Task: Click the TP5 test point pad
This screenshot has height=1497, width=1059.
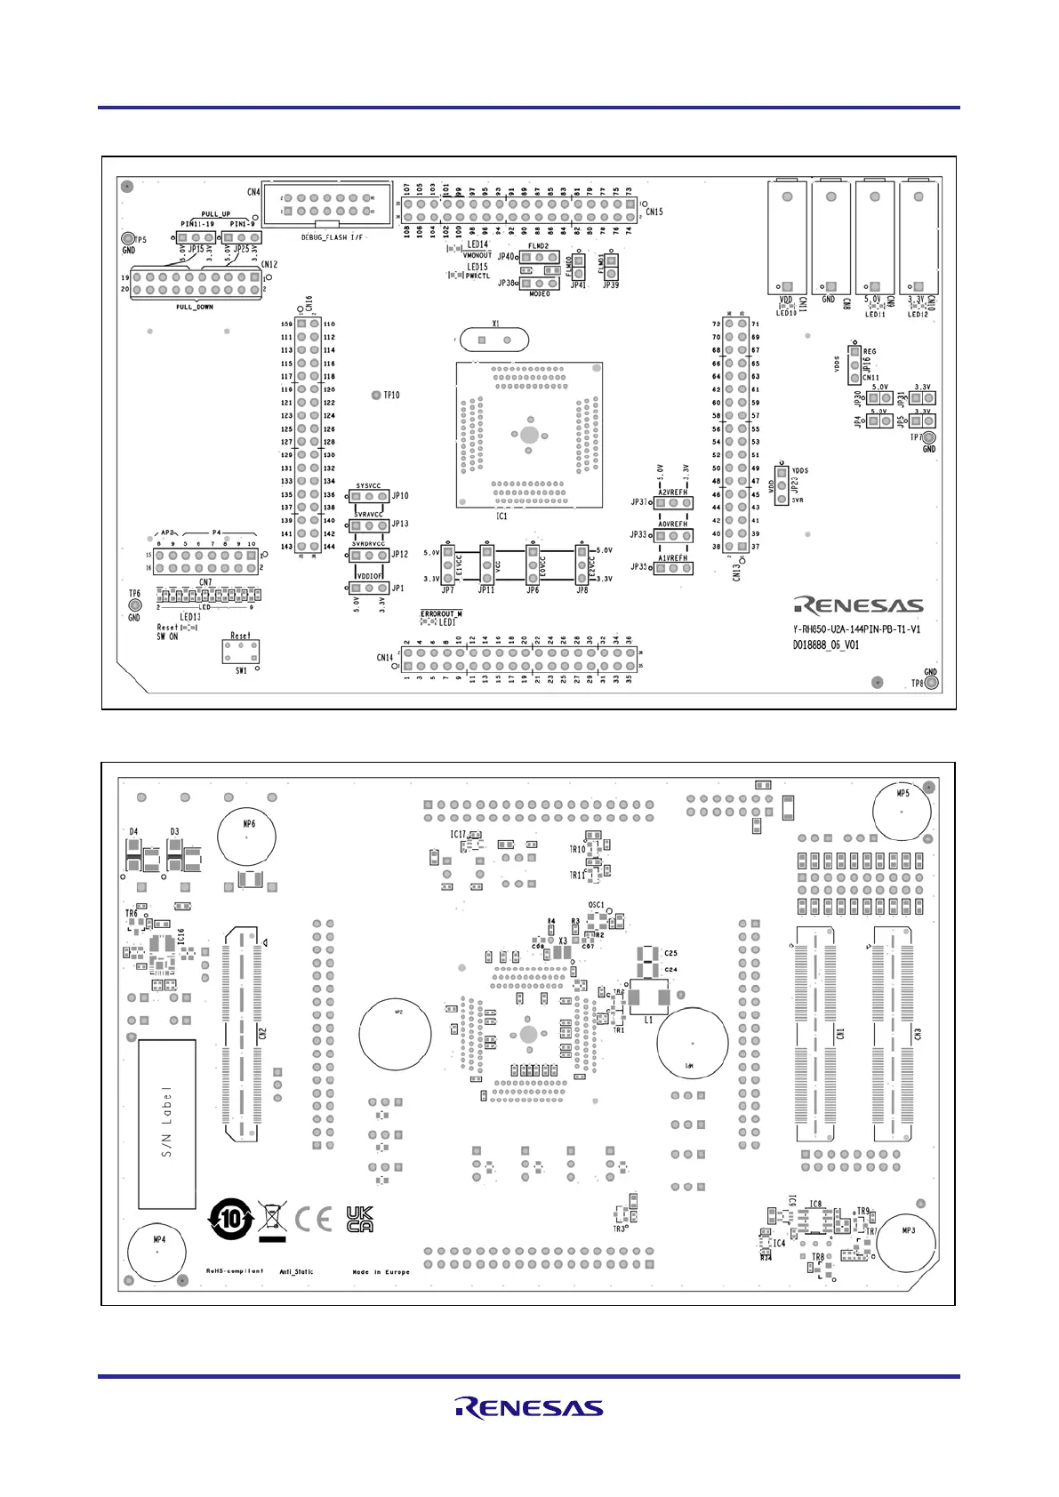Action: click(x=128, y=239)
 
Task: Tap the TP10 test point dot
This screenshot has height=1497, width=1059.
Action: click(x=376, y=395)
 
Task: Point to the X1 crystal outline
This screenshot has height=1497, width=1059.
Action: click(x=491, y=340)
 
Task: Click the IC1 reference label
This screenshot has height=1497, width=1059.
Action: click(x=501, y=516)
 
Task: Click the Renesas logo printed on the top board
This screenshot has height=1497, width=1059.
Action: click(x=859, y=606)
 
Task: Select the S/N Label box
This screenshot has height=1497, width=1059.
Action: click(x=167, y=1124)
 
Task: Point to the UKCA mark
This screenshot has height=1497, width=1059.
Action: click(x=359, y=1219)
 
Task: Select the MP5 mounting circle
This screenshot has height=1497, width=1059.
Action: click(x=903, y=809)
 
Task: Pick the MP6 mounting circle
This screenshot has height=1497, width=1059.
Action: click(x=247, y=837)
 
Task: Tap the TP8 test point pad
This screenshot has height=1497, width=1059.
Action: click(x=932, y=684)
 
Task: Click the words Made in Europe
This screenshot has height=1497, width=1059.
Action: click(x=381, y=1272)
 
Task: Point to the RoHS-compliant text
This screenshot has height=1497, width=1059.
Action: click(x=235, y=1271)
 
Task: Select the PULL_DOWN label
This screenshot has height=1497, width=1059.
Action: click(x=195, y=307)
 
